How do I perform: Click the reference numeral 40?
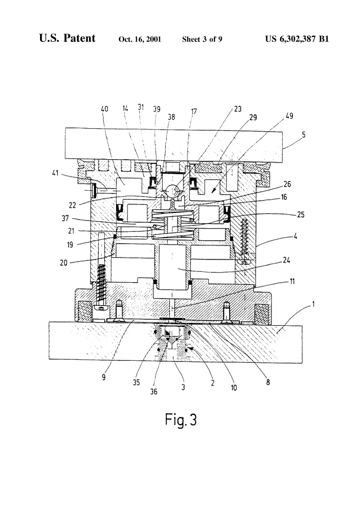(x=104, y=109)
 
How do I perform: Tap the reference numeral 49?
(x=289, y=116)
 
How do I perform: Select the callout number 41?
(x=55, y=173)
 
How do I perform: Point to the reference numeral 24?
(x=287, y=260)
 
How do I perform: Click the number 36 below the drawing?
(x=154, y=391)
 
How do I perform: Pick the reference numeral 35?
(x=136, y=382)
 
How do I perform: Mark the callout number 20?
(x=64, y=263)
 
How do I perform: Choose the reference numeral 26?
(x=287, y=184)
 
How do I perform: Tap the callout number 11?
(x=292, y=281)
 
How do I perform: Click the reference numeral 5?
(x=304, y=134)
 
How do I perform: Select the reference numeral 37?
(x=65, y=218)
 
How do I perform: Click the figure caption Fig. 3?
(x=181, y=420)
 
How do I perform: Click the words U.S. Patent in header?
(x=67, y=38)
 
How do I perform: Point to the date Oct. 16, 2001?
(x=139, y=39)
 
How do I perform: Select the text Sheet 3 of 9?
(x=202, y=39)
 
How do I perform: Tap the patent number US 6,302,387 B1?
(x=297, y=39)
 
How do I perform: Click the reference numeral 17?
(x=193, y=111)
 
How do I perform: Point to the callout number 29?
(x=253, y=117)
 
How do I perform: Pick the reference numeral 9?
(x=104, y=377)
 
